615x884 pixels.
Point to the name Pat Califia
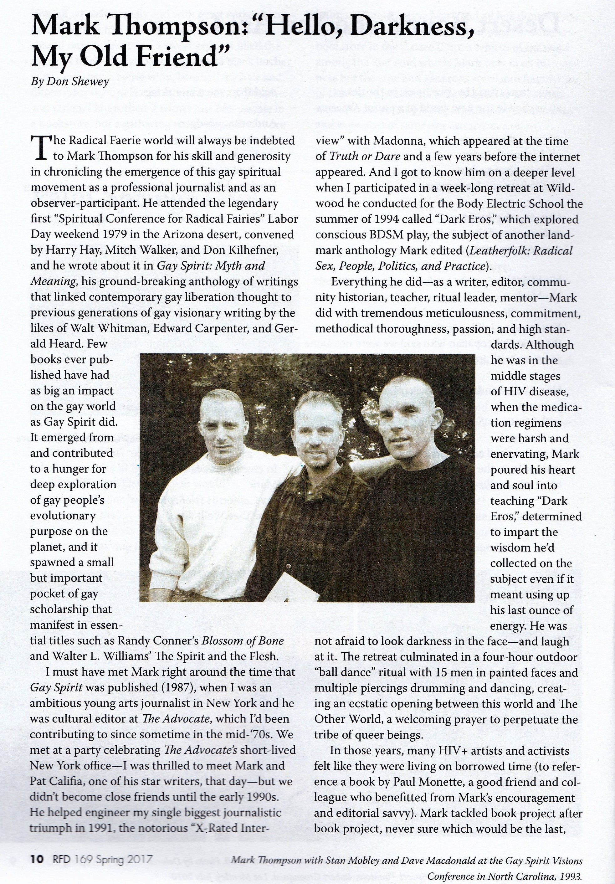tap(52, 782)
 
